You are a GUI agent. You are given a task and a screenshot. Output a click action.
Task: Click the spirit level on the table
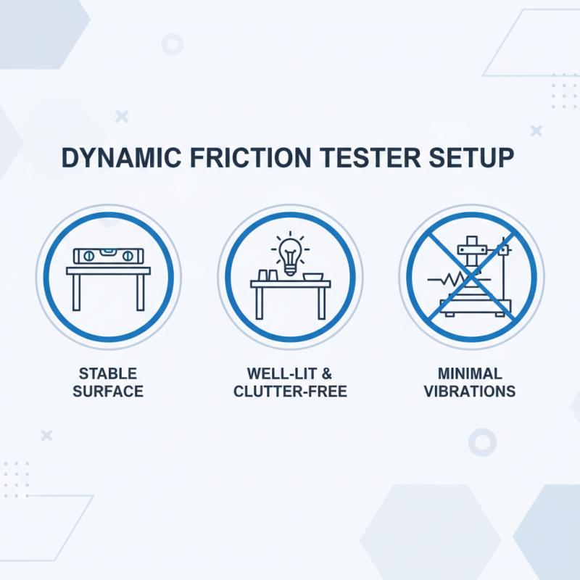click(x=109, y=256)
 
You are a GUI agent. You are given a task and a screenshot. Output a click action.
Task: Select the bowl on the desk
click(x=314, y=276)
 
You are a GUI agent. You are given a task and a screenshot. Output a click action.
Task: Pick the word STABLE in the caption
click(x=109, y=375)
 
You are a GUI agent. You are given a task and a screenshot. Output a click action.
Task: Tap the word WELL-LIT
click(x=281, y=375)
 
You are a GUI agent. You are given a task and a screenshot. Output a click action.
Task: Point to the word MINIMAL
click(x=471, y=375)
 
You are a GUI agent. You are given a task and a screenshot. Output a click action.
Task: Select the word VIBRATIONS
click(x=471, y=392)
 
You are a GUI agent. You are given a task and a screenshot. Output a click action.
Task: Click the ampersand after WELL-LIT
click(x=327, y=375)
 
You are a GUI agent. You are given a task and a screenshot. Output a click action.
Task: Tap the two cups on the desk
click(x=263, y=275)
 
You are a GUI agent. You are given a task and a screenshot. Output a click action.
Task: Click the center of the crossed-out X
click(x=471, y=276)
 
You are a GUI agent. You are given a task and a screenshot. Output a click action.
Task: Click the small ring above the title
click(x=173, y=45)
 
